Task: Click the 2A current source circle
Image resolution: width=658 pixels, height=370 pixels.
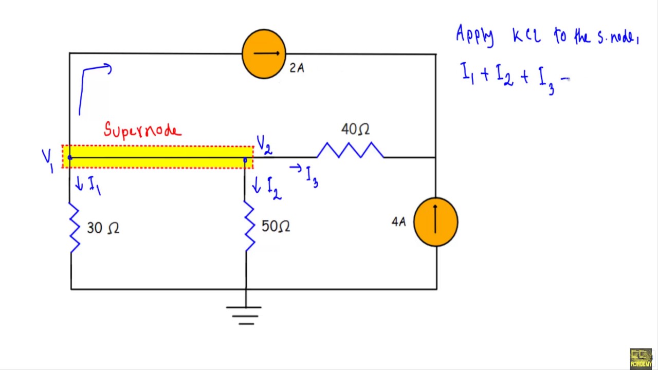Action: pos(264,53)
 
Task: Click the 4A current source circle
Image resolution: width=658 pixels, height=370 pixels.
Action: pos(435,222)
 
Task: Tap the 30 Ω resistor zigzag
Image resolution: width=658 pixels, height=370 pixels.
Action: pos(75,227)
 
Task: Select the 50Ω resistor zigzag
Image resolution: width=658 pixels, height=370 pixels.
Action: pos(249,226)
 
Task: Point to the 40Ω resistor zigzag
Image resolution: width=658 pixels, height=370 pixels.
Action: pos(350,151)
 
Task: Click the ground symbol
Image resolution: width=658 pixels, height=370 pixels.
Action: pos(244,314)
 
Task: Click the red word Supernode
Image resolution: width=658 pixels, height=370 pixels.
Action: pos(142,130)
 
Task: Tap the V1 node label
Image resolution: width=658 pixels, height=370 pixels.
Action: pos(48,160)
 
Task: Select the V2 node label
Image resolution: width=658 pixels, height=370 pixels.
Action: pos(264,145)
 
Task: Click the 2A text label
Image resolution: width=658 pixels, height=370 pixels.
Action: pos(297,68)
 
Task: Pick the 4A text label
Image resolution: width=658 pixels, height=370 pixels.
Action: pos(398,222)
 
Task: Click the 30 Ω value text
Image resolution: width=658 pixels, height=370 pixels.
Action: pos(103,228)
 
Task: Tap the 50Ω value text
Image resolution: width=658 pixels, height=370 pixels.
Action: pos(276,226)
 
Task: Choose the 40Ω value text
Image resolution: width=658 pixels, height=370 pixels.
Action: pos(355,129)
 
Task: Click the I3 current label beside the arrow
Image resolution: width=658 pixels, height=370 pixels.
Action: pos(312,176)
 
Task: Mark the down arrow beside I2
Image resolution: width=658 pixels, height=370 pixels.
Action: pos(257,186)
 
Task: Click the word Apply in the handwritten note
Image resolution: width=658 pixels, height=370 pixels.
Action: pos(474,36)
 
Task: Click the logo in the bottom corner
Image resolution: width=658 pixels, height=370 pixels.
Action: pos(641,358)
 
